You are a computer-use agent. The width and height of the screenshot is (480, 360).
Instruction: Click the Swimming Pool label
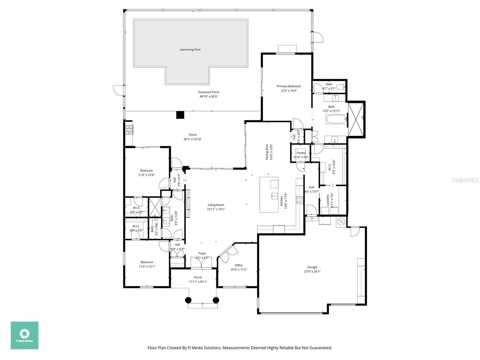tap(190, 50)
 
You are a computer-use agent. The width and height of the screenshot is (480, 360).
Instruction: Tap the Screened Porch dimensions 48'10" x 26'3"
tap(208, 97)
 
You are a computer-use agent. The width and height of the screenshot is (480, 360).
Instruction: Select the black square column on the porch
tap(180, 115)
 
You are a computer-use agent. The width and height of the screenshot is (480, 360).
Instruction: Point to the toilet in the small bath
tap(340, 87)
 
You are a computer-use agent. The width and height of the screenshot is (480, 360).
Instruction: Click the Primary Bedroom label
tap(288, 86)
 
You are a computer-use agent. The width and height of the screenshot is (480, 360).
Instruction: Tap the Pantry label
tap(301, 153)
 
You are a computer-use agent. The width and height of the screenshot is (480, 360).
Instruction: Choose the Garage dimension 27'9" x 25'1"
tap(312, 271)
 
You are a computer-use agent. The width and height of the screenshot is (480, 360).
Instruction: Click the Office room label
tap(238, 265)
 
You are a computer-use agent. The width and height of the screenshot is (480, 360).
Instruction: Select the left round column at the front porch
tap(188, 300)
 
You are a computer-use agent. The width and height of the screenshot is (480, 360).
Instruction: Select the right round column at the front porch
tap(216, 300)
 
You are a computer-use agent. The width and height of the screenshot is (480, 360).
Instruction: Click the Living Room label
tap(216, 205)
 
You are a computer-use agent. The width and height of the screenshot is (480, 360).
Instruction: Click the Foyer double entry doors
tap(202, 262)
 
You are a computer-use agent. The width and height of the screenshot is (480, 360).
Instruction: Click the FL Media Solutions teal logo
tap(25, 335)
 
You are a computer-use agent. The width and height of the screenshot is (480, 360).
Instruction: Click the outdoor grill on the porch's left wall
tap(129, 130)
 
